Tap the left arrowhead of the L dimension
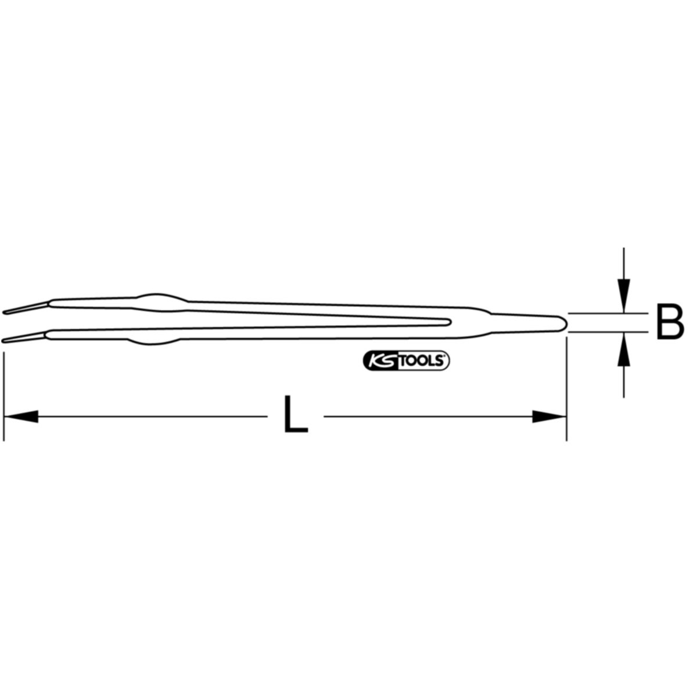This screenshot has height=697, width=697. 21,416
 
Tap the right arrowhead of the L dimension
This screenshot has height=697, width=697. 549,416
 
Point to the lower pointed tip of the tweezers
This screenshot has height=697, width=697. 3,340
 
